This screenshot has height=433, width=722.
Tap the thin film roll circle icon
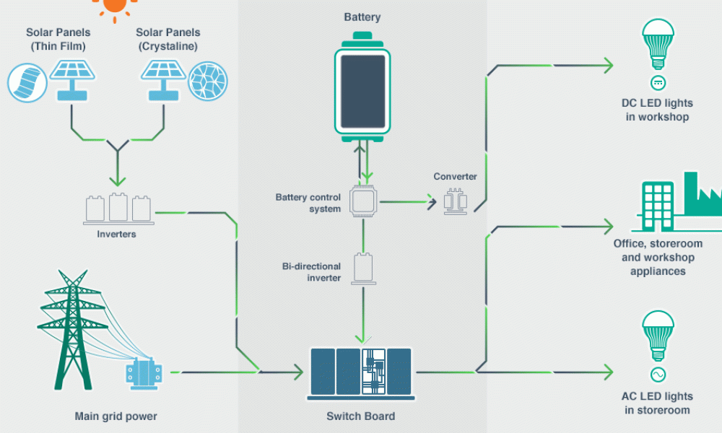[27, 80]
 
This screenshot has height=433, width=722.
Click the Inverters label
[116, 235]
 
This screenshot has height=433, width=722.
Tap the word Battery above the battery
[363, 17]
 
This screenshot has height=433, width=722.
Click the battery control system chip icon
[363, 202]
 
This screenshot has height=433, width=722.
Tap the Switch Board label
[361, 416]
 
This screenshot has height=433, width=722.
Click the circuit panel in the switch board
[374, 372]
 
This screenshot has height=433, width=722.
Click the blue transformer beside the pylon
[144, 372]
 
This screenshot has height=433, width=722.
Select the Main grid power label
[116, 416]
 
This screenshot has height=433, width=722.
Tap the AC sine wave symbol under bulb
[658, 375]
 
